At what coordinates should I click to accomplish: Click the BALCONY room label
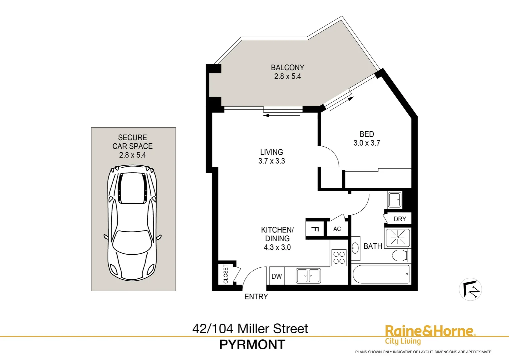287,68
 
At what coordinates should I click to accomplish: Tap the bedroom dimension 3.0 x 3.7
366,143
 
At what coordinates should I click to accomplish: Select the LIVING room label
271,152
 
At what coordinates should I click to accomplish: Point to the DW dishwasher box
276,276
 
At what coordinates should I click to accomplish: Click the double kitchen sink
308,276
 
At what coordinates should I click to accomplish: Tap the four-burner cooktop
339,258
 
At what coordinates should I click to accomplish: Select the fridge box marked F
315,229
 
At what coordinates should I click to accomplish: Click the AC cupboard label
337,229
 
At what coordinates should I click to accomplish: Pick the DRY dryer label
400,219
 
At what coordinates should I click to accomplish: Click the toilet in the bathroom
400,256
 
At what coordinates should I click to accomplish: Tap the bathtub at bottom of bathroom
381,274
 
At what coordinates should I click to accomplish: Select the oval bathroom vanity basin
355,248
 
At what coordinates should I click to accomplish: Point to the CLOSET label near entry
226,274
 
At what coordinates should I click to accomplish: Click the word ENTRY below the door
256,297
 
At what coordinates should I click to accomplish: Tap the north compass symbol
470,289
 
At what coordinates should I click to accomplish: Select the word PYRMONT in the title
252,345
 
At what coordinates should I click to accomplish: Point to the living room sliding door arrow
281,116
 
